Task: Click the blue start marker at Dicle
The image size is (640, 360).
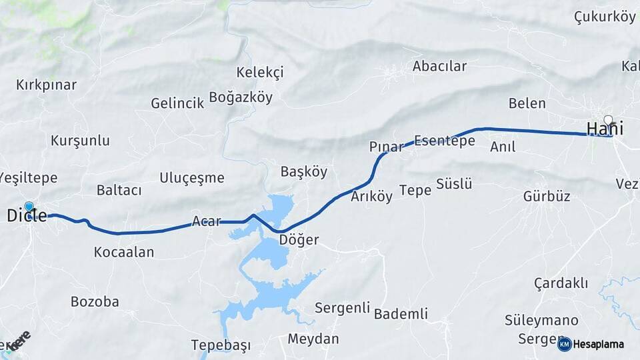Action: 29,207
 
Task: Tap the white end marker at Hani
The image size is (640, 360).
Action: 607,120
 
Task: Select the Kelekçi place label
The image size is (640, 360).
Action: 260,72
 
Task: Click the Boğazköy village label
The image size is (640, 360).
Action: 241,97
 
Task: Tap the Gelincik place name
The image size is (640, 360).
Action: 177,103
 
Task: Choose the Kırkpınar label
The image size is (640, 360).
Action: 46,85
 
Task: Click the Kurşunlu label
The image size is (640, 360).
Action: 80,141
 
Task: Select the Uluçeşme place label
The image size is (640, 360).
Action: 191,177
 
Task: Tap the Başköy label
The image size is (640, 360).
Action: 304,171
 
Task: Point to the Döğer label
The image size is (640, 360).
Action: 299,240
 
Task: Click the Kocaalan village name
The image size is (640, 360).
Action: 124,252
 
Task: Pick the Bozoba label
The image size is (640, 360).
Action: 95,301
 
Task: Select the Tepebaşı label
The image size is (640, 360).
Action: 221,345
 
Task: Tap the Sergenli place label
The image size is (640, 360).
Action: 342,307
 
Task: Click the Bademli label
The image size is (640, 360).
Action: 401,313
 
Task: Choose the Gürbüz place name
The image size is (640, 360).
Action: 547,196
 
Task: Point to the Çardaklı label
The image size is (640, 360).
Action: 561,283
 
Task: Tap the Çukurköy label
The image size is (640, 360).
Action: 605,17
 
